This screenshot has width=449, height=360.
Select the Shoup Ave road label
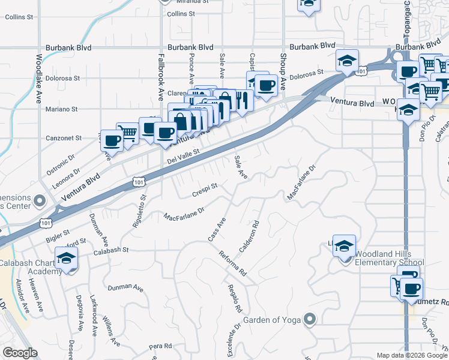tap(283, 71)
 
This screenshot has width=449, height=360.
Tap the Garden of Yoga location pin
tap(310, 319)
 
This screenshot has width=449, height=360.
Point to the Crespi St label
tap(204, 190)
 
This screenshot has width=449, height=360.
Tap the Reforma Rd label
tap(233, 262)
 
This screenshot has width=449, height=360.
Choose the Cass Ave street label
tap(217, 229)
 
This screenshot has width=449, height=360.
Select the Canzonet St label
tap(64, 138)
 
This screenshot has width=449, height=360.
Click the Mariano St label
tap(62, 109)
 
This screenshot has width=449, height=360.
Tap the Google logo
tap(20, 353)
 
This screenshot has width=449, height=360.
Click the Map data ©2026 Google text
tap(412, 355)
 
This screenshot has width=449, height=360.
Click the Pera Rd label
tap(160, 346)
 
